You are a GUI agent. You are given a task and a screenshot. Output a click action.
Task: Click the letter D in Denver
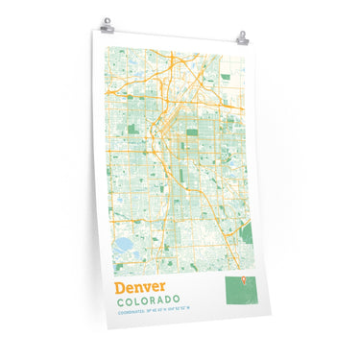[120, 286]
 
